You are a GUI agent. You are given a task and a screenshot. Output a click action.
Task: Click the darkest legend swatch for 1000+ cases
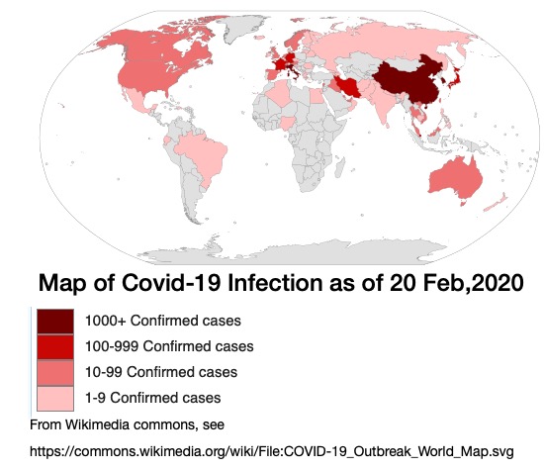(x=54, y=322)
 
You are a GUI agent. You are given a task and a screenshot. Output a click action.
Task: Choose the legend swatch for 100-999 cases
(x=54, y=347)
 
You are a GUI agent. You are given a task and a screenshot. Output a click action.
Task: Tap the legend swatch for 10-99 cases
(x=54, y=373)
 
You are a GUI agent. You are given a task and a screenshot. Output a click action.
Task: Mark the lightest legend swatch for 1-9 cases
(x=54, y=398)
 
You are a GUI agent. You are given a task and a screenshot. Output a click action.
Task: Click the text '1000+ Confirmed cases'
(x=163, y=322)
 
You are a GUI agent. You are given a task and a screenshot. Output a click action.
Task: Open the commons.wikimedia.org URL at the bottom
(x=272, y=451)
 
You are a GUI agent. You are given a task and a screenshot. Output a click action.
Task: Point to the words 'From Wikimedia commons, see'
(x=129, y=424)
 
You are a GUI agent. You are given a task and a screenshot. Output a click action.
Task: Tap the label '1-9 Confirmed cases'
(x=153, y=398)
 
